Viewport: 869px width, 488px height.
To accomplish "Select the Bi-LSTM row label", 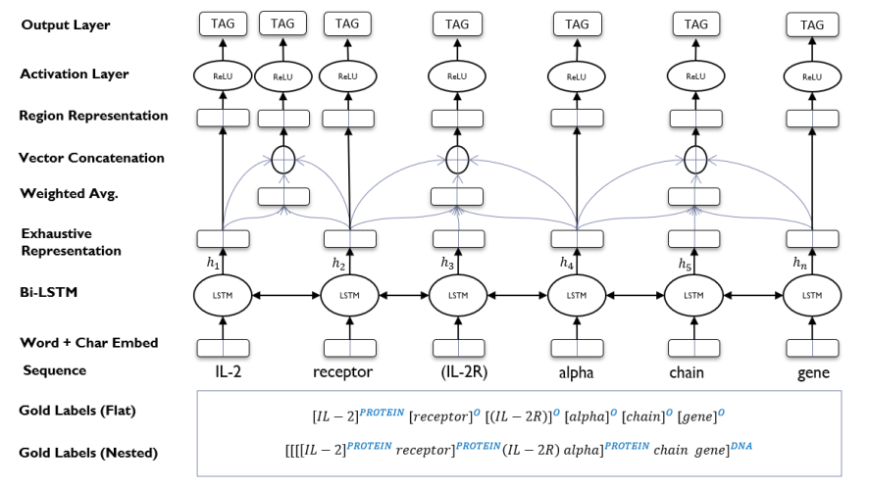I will click(x=50, y=293).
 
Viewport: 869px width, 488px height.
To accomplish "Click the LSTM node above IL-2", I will click(x=223, y=294).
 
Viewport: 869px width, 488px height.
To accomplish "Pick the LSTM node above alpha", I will click(x=577, y=294).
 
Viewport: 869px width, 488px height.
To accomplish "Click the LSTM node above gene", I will click(x=812, y=294).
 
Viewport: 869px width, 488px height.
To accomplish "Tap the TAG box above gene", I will click(x=812, y=24).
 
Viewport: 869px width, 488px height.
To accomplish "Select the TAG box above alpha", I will click(x=577, y=24).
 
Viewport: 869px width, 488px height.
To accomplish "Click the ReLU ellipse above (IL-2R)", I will click(x=458, y=75).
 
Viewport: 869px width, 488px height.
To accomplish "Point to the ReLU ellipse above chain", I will click(x=694, y=75).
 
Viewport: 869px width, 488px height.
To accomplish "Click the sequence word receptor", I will click(x=342, y=372).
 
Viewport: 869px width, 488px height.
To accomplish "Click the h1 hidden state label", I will click(x=213, y=263).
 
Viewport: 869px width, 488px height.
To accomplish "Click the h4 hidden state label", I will click(x=567, y=263).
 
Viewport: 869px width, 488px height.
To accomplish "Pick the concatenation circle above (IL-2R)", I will click(x=458, y=158).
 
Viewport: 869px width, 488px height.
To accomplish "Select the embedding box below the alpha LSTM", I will click(x=577, y=347).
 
